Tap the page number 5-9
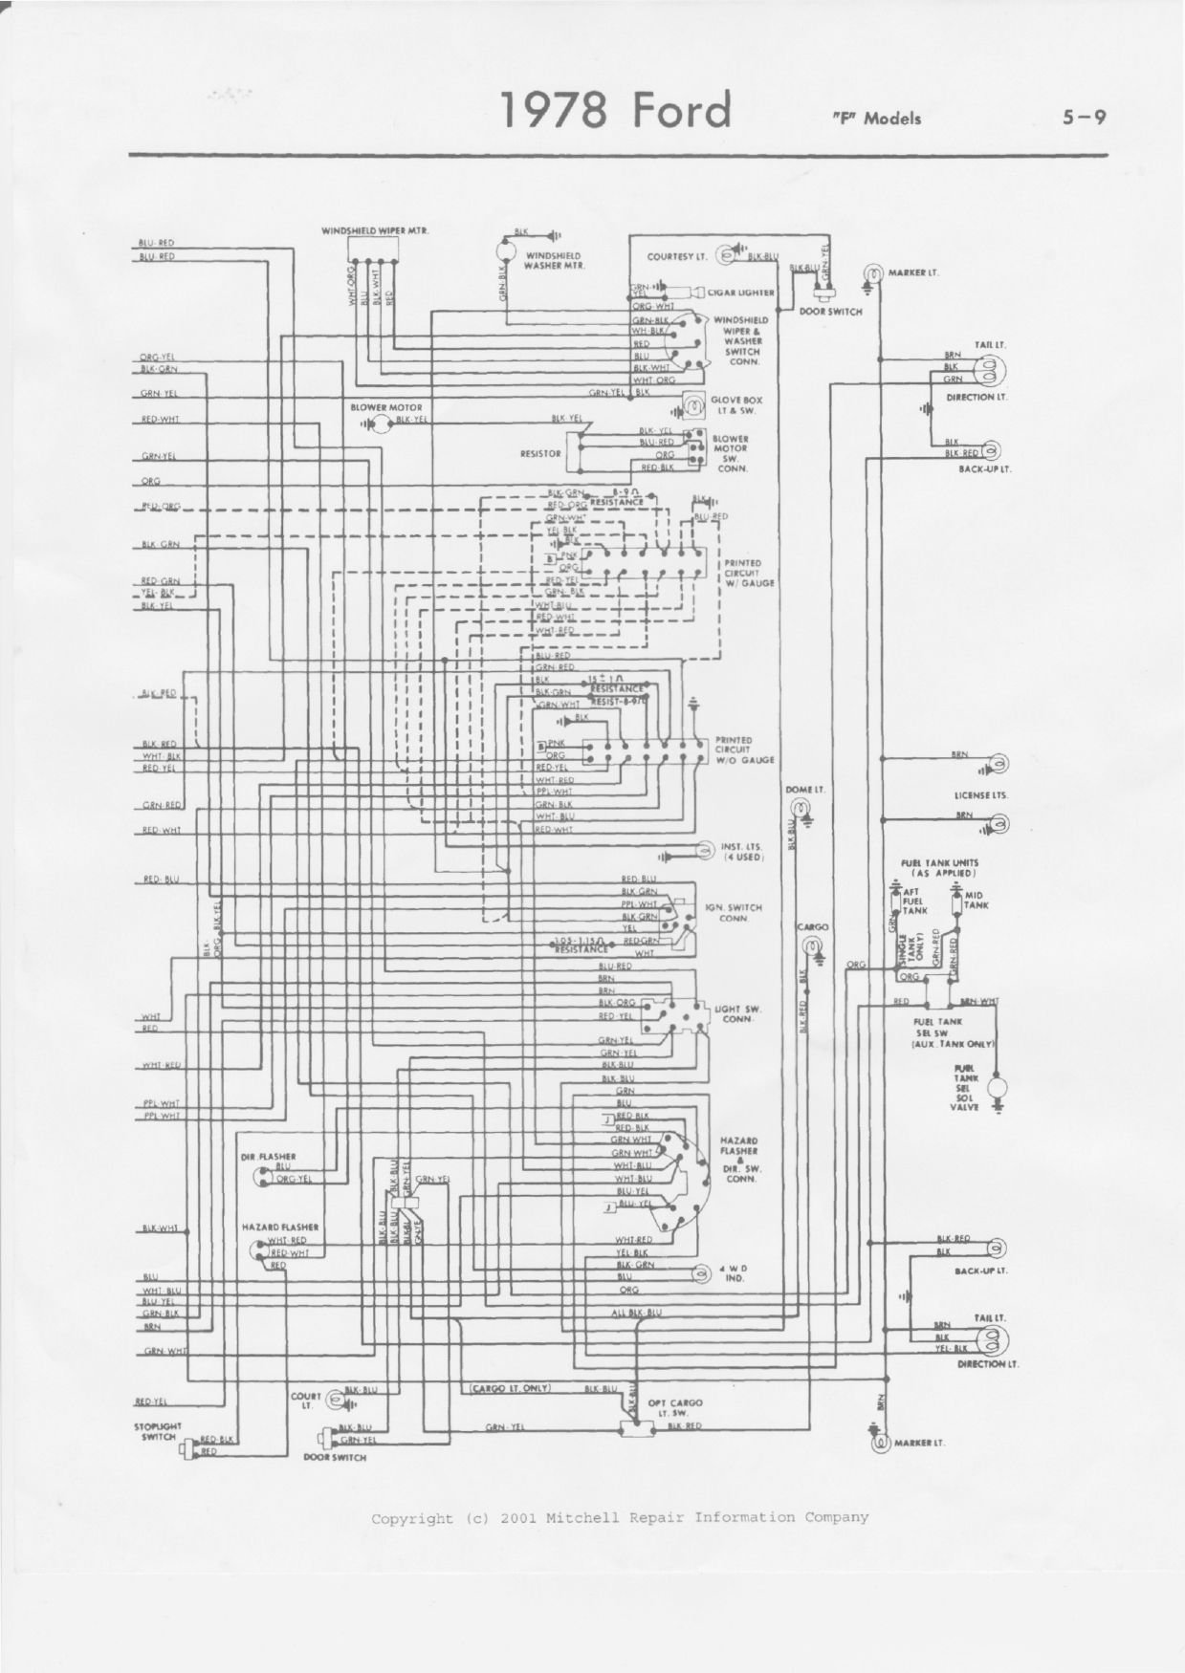coord(1084,118)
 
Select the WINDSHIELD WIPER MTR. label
coord(375,231)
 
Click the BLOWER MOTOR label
coord(386,407)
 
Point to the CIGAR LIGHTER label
coord(741,293)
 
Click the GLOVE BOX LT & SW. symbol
coord(690,405)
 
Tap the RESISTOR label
coord(540,454)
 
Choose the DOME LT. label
coord(804,790)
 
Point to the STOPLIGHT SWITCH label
coord(158,1431)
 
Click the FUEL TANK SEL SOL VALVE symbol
coord(999,1086)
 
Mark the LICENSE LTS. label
coord(980,795)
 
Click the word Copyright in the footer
coord(412,1517)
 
